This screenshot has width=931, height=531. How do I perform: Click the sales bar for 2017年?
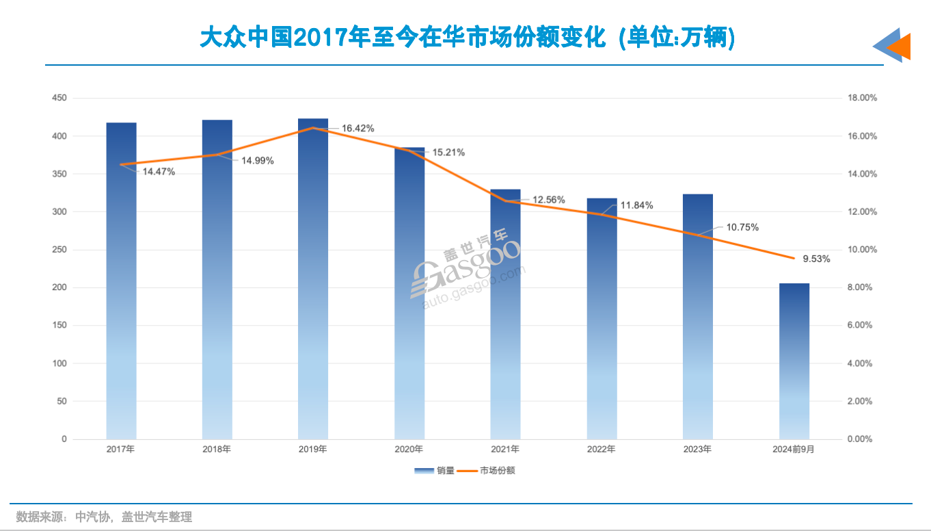(121, 281)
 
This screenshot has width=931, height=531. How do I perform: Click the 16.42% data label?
(358, 129)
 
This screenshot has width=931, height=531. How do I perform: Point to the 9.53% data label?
(816, 259)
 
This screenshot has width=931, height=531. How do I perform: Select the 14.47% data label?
(159, 172)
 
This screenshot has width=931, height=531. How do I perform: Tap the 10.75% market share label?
(742, 227)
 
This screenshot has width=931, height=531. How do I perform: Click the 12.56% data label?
(549, 200)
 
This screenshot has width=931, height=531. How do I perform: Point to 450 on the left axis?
(59, 99)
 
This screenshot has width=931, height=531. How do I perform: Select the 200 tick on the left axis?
(59, 287)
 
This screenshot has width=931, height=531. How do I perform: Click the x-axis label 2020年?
(409, 450)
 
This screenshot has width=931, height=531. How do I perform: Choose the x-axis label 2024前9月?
(794, 450)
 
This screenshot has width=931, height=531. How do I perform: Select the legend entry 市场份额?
(489, 471)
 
